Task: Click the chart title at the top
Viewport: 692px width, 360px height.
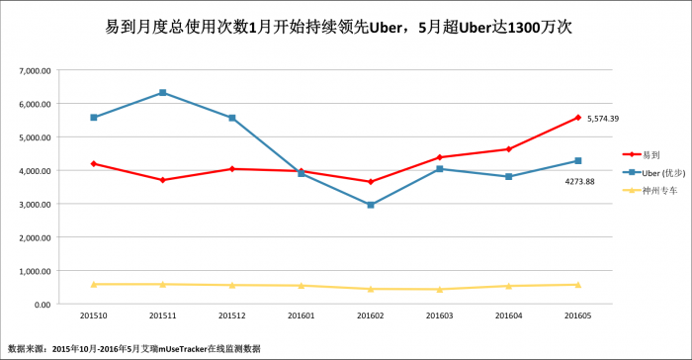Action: [x=338, y=28]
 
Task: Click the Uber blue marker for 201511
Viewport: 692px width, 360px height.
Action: [x=162, y=92]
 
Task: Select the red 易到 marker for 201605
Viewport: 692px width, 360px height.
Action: [x=578, y=118]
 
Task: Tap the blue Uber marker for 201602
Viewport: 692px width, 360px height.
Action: [x=371, y=205]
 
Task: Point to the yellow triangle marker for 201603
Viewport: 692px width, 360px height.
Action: [x=440, y=290]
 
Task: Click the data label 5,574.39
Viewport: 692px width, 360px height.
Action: [x=603, y=119]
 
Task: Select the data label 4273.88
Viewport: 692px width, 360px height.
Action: [x=579, y=182]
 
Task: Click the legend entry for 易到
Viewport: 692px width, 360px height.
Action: [x=642, y=154]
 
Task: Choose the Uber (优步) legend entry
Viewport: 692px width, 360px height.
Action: [x=653, y=173]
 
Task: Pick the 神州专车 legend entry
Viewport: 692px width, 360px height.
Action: [x=649, y=190]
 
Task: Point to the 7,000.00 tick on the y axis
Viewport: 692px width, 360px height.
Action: [x=35, y=70]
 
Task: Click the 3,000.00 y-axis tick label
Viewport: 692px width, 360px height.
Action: [x=35, y=204]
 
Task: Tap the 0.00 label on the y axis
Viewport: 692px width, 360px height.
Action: [x=42, y=305]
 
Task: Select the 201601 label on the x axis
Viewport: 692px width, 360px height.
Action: [x=301, y=315]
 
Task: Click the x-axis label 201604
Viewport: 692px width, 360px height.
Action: [x=509, y=315]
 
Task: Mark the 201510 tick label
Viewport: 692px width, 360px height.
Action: [x=94, y=315]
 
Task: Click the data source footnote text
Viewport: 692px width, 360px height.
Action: [x=134, y=349]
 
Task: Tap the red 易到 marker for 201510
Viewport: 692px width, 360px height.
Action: [x=94, y=164]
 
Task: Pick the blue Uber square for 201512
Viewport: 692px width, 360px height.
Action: [x=232, y=118]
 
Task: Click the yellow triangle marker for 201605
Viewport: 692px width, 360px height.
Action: [x=578, y=285]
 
